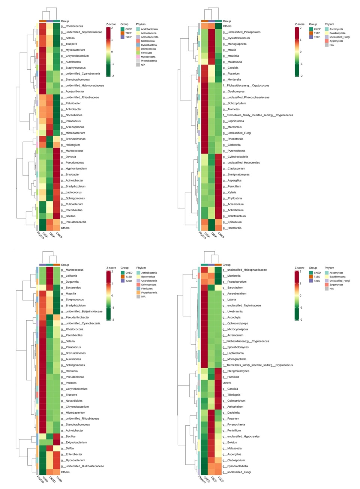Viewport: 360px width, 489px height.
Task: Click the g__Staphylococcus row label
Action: pos(75,68)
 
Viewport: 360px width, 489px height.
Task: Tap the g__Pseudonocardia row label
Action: pos(76,222)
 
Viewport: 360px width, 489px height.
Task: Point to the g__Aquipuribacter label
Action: pos(75,91)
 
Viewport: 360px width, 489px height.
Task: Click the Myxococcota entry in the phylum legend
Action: pos(148,57)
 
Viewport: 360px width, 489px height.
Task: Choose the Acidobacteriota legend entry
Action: pos(149,29)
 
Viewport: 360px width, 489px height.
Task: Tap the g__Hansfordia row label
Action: pos(234,228)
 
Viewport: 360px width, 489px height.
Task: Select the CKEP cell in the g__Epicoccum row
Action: pos(219,222)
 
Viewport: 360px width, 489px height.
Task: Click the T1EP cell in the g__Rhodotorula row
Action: pos(204,139)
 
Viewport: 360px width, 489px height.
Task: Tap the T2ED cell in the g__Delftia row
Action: pos(42,448)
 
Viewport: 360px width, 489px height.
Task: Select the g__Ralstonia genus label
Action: pos(72,371)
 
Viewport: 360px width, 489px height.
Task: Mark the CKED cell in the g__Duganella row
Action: pos(49,282)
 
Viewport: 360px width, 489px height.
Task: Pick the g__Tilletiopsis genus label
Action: pos(234,395)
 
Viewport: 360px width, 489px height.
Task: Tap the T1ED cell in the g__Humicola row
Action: pos(218,377)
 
